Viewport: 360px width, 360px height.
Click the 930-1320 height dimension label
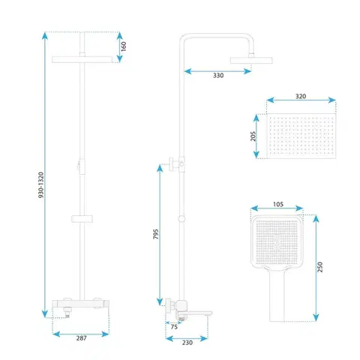pyautogui.click(x=41, y=185)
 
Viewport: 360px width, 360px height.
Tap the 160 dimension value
pyautogui.click(x=124, y=46)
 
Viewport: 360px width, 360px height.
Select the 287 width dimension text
pyautogui.click(x=81, y=338)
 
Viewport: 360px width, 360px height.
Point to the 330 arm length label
pyautogui.click(x=218, y=76)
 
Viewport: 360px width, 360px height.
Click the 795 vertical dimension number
pyautogui.click(x=156, y=234)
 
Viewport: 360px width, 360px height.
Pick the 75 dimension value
pyautogui.click(x=174, y=327)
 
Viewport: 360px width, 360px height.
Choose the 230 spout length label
pyautogui.click(x=187, y=343)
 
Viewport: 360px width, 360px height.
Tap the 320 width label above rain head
pyautogui.click(x=301, y=96)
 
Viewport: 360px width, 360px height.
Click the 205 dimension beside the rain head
pyautogui.click(x=253, y=136)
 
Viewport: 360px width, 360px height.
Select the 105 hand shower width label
pyautogui.click(x=278, y=204)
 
